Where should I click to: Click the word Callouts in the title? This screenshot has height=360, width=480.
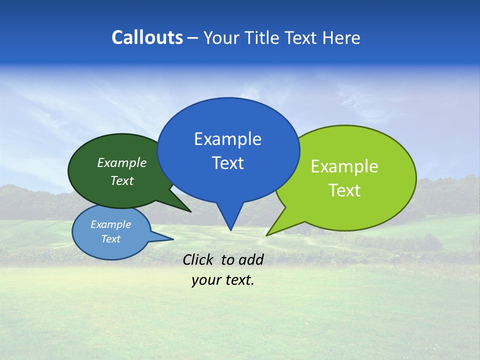tap(147, 37)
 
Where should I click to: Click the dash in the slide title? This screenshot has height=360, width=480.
tap(193, 38)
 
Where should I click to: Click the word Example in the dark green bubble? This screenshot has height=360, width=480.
tap(122, 163)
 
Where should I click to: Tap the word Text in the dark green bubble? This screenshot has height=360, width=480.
tap(122, 181)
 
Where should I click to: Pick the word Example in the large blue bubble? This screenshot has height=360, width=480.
tap(227, 139)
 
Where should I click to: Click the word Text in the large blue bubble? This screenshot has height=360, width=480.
tap(227, 163)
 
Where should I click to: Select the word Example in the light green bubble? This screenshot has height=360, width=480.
tap(344, 166)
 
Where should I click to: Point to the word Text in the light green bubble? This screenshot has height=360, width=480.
tap(344, 190)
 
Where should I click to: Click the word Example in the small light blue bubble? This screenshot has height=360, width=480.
tap(110, 224)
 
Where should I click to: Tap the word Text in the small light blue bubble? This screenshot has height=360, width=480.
tap(110, 239)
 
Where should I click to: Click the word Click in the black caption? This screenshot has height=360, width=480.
tap(198, 259)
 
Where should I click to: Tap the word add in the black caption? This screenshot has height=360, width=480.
tap(251, 259)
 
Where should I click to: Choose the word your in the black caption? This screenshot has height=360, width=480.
tap(205, 280)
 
